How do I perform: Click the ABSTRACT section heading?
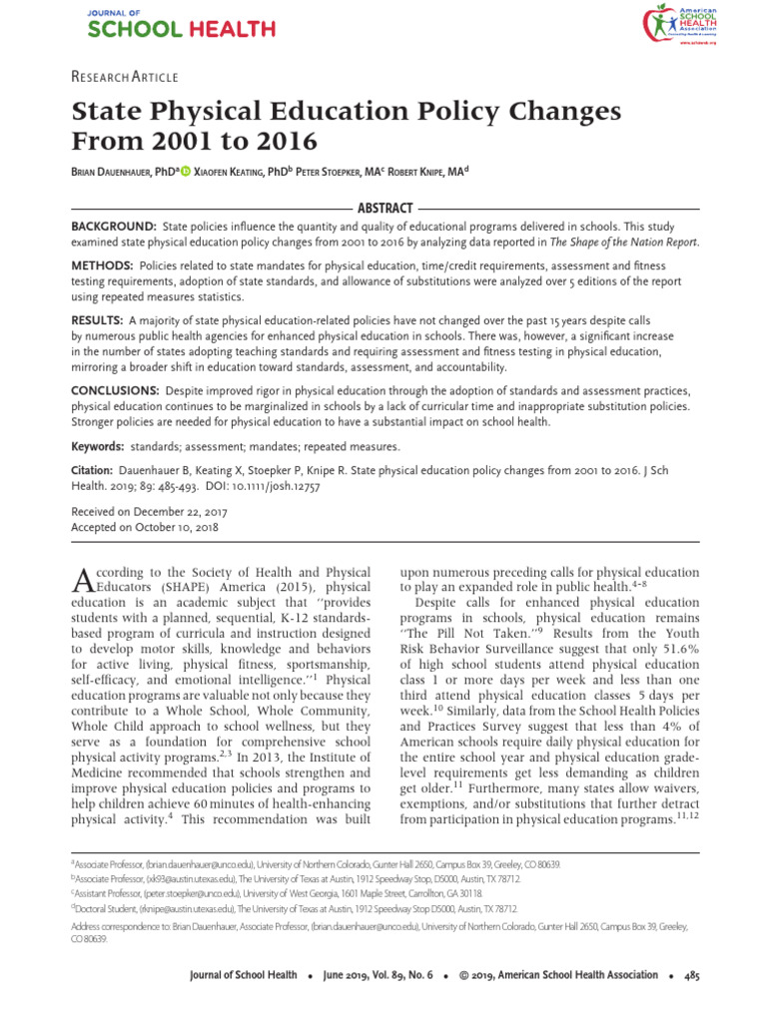(x=384, y=208)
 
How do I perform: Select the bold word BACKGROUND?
(x=113, y=228)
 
